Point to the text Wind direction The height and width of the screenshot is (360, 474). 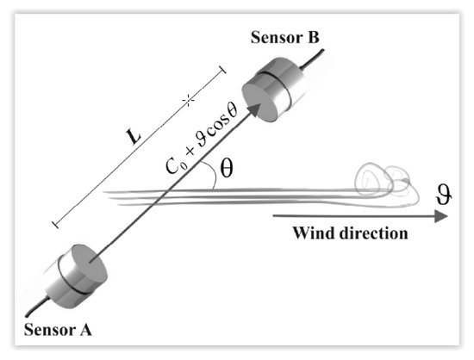tap(350, 233)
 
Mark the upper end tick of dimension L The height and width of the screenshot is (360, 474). tap(223, 68)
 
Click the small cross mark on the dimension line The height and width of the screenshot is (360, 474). tap(186, 102)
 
